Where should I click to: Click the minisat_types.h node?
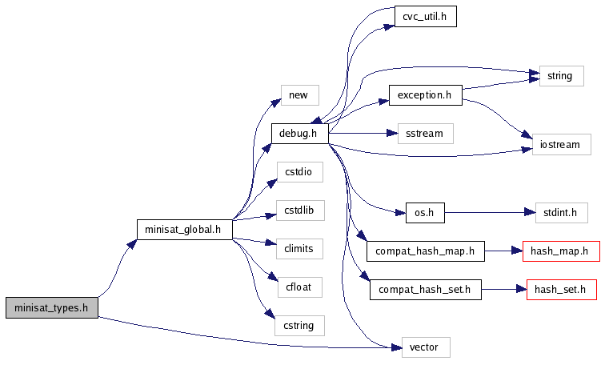(x=52, y=307)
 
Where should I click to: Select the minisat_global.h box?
(x=184, y=230)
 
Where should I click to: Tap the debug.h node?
(x=300, y=134)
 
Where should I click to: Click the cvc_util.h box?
(x=425, y=17)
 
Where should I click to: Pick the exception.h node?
(x=425, y=94)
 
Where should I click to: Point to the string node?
(x=559, y=76)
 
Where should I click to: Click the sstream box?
(x=426, y=134)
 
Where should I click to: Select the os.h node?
(x=419, y=213)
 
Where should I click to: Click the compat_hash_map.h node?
(x=426, y=251)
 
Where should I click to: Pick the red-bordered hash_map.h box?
(x=560, y=251)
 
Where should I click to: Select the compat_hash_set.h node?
(x=426, y=290)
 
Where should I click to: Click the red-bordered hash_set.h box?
(x=561, y=290)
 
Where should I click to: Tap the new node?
(x=298, y=95)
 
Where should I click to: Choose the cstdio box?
(x=298, y=172)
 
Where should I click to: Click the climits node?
(x=298, y=249)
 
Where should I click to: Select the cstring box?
(x=298, y=326)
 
